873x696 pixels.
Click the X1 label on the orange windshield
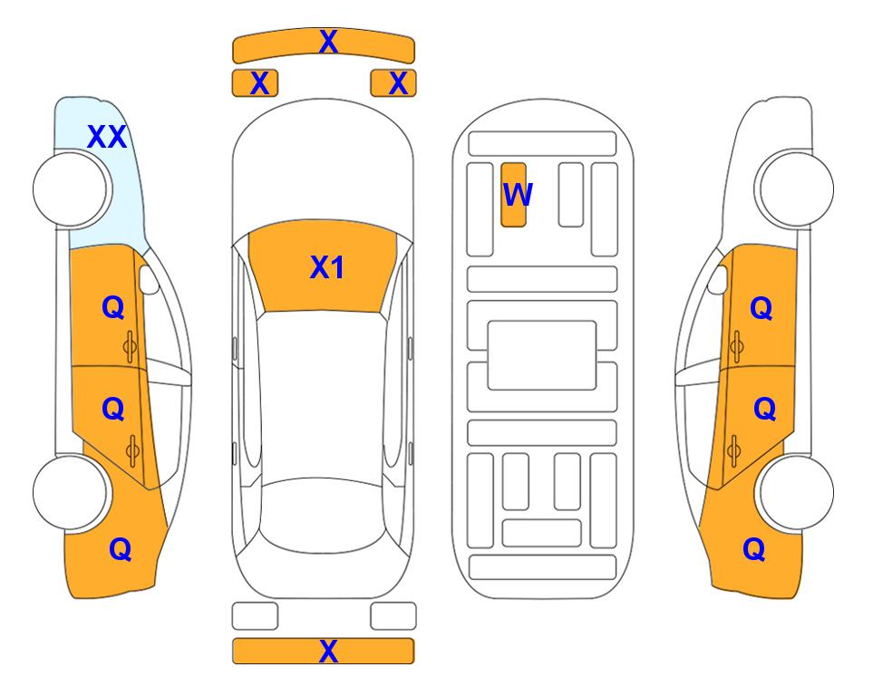tap(327, 267)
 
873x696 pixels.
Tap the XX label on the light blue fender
tap(107, 137)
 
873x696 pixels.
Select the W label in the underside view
tap(518, 194)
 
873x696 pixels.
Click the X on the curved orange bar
tap(328, 42)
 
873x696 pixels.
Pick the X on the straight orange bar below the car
tap(328, 651)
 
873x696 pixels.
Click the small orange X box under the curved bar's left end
tap(255, 83)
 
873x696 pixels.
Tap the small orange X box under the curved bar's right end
tap(393, 83)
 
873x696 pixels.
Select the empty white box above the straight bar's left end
tap(255, 616)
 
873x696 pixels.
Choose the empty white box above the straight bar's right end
tap(393, 616)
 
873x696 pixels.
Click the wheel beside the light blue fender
tap(70, 188)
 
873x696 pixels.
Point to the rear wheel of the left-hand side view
tap(70, 492)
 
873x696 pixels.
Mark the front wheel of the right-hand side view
tap(797, 188)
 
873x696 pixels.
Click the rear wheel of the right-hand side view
tap(797, 492)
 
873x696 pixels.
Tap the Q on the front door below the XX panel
tap(113, 307)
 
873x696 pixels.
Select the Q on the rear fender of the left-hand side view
tap(121, 549)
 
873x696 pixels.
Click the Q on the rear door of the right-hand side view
tap(764, 409)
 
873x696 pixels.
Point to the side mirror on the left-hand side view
tap(149, 279)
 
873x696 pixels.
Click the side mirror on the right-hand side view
tap(718, 279)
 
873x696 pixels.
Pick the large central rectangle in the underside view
tap(542, 355)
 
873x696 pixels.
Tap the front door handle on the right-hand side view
tap(737, 346)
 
